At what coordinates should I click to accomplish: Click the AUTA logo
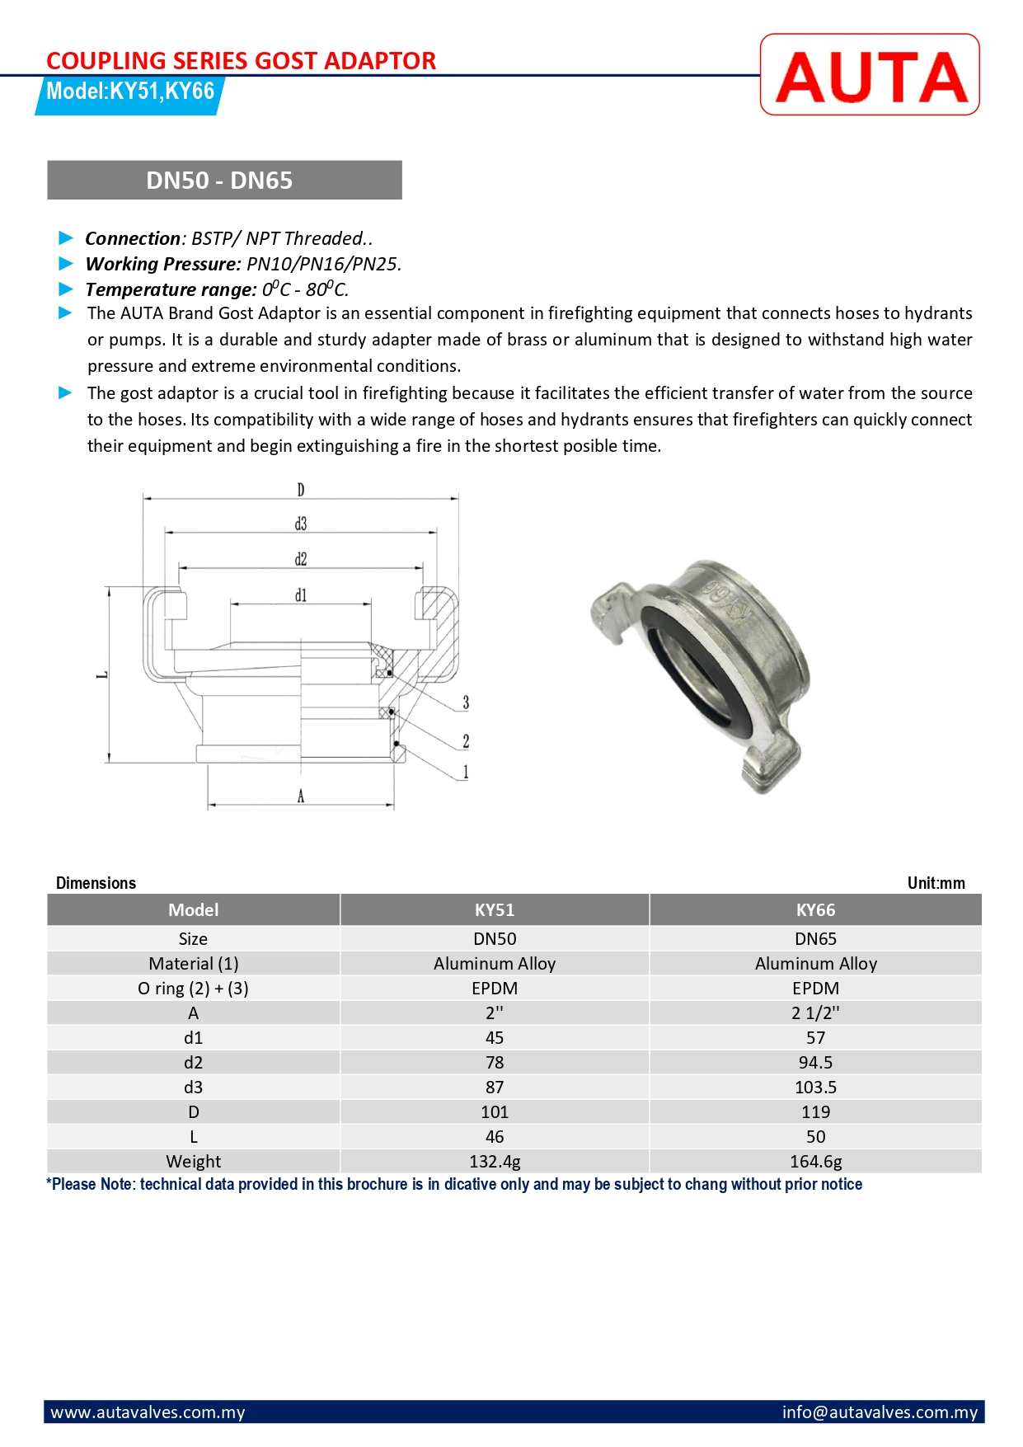870,75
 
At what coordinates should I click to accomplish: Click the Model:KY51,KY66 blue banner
130,92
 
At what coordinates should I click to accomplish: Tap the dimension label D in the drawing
301,490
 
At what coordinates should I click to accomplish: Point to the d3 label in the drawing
301,524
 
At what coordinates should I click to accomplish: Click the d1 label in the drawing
301,595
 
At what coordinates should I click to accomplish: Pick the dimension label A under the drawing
301,796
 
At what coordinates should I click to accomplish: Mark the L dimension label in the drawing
102,675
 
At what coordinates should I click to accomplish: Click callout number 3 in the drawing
466,703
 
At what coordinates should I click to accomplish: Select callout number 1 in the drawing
466,773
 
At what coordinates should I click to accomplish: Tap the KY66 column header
815,910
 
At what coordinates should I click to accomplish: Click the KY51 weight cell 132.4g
495,1162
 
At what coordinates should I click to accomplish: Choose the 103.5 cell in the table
815,1088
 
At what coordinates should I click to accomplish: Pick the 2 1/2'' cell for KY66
815,1013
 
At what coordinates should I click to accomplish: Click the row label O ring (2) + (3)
193,989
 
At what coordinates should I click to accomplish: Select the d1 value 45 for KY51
495,1038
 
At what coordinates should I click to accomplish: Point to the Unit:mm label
936,883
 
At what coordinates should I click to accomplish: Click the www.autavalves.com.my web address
148,1412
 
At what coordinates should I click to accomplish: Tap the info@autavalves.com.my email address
880,1412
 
